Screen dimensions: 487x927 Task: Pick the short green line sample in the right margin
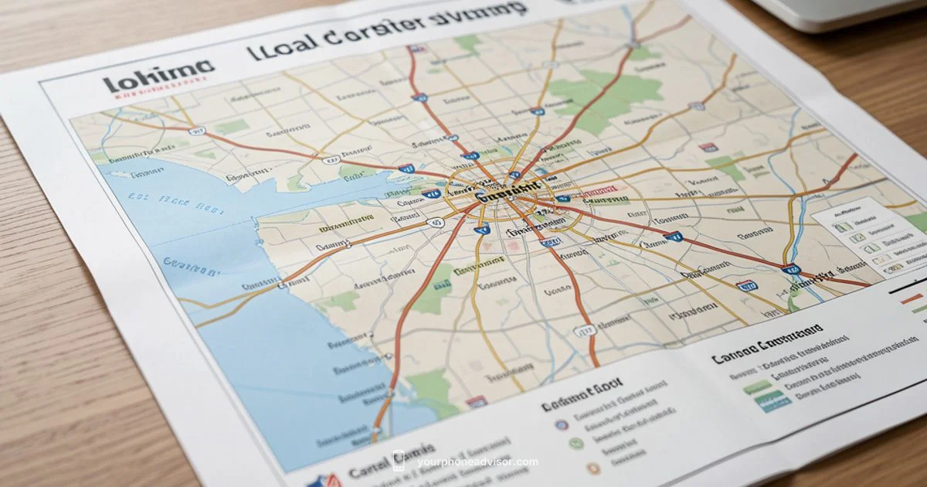point(919,308)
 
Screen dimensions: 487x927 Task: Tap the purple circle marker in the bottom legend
point(562,424)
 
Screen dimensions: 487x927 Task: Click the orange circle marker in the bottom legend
point(591,467)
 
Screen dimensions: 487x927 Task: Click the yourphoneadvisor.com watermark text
point(477,462)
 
